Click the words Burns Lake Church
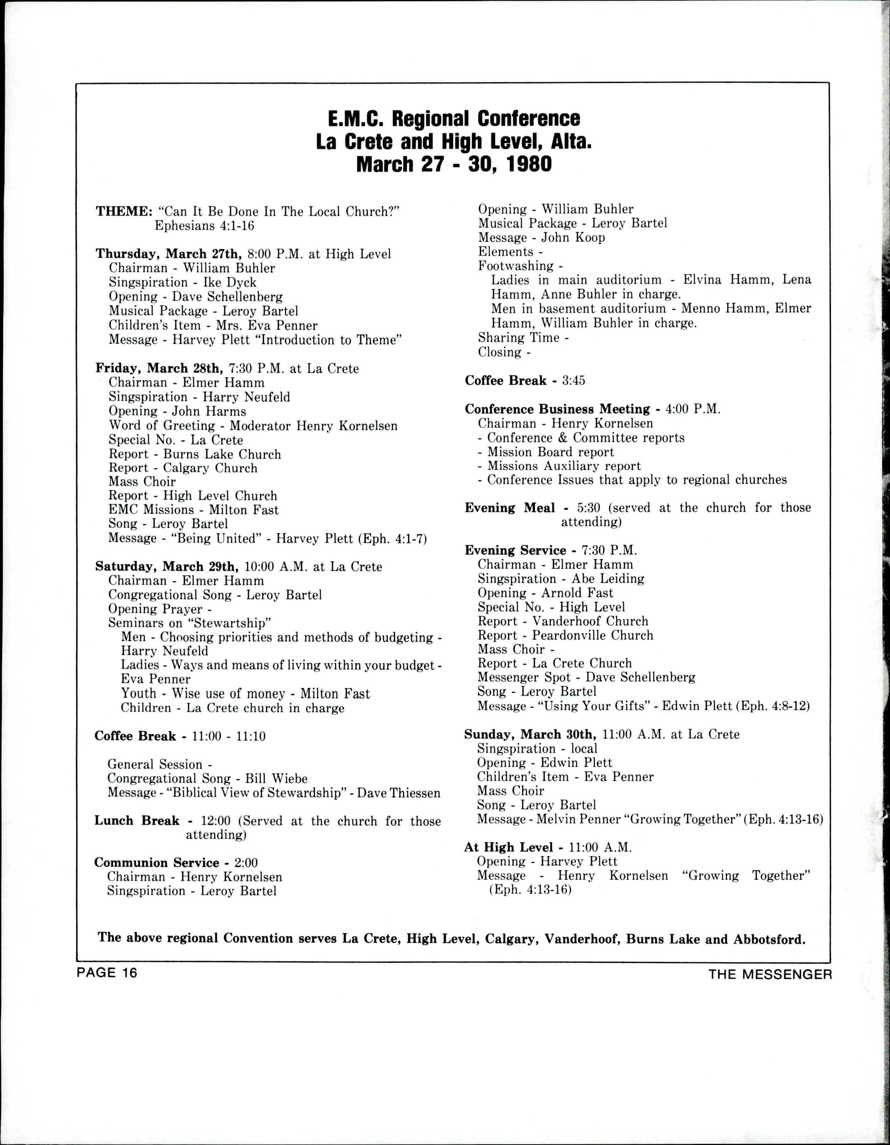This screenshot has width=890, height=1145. tap(222, 455)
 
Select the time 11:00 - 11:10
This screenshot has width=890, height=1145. tap(229, 737)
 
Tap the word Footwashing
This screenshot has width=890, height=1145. tap(515, 266)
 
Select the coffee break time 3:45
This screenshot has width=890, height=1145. tap(573, 381)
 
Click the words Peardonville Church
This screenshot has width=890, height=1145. tap(593, 635)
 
